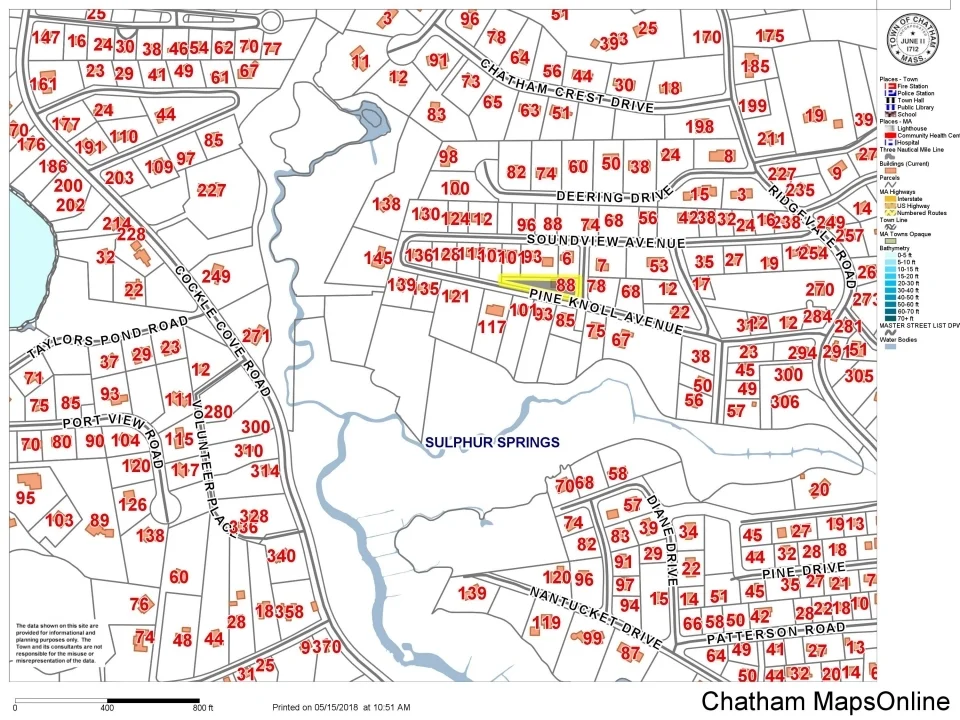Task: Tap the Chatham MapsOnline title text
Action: pyautogui.click(x=825, y=702)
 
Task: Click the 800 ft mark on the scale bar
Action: pyautogui.click(x=201, y=708)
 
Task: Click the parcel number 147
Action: pyautogui.click(x=45, y=37)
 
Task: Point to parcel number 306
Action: pyautogui.click(x=785, y=401)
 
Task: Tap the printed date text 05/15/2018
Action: pyautogui.click(x=364, y=708)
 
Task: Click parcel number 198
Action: pyautogui.click(x=700, y=126)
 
